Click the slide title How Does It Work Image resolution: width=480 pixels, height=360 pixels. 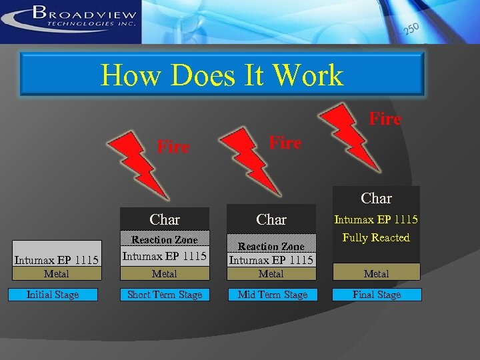pyautogui.click(x=222, y=75)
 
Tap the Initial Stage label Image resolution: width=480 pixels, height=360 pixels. pyautogui.click(x=53, y=295)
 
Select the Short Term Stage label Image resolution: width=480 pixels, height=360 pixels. pyautogui.click(x=165, y=295)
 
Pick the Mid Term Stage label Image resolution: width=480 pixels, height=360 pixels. pyautogui.click(x=273, y=295)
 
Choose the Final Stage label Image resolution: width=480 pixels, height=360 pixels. pyautogui.click(x=377, y=295)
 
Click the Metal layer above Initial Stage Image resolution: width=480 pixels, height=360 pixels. pyautogui.click(x=56, y=274)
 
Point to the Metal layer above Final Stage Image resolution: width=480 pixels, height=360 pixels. pyautogui.click(x=377, y=274)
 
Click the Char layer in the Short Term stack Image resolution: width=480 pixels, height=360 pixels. pyautogui.click(x=165, y=219)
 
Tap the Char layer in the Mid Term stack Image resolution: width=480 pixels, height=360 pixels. pyautogui.click(x=271, y=219)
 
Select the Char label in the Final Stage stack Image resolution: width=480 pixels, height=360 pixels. pyautogui.click(x=377, y=198)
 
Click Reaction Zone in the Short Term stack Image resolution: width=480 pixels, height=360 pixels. pyautogui.click(x=165, y=240)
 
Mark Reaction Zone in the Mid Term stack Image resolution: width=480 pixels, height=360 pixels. pyautogui.click(x=271, y=247)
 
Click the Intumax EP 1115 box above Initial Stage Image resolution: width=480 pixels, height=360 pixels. pyautogui.click(x=56, y=260)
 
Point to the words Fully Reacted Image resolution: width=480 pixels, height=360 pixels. pyautogui.click(x=377, y=238)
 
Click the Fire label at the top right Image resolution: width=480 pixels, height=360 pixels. pyautogui.click(x=385, y=119)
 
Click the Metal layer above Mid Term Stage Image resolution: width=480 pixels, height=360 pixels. pyautogui.click(x=271, y=274)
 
